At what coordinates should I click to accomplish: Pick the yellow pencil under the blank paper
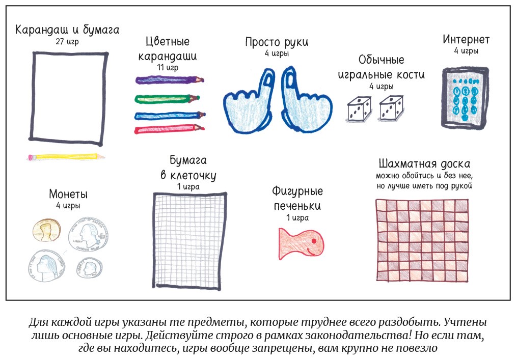(x=66, y=157)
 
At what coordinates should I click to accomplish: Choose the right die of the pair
(x=391, y=108)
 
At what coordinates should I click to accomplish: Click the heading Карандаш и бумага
(x=67, y=30)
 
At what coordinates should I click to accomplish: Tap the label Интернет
(x=466, y=40)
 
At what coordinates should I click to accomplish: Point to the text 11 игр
(x=168, y=67)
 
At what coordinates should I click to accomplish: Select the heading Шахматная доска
(x=424, y=164)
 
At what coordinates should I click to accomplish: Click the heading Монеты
(x=68, y=194)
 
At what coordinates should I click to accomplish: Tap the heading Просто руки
(x=277, y=42)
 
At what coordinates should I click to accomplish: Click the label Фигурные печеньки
(x=297, y=199)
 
